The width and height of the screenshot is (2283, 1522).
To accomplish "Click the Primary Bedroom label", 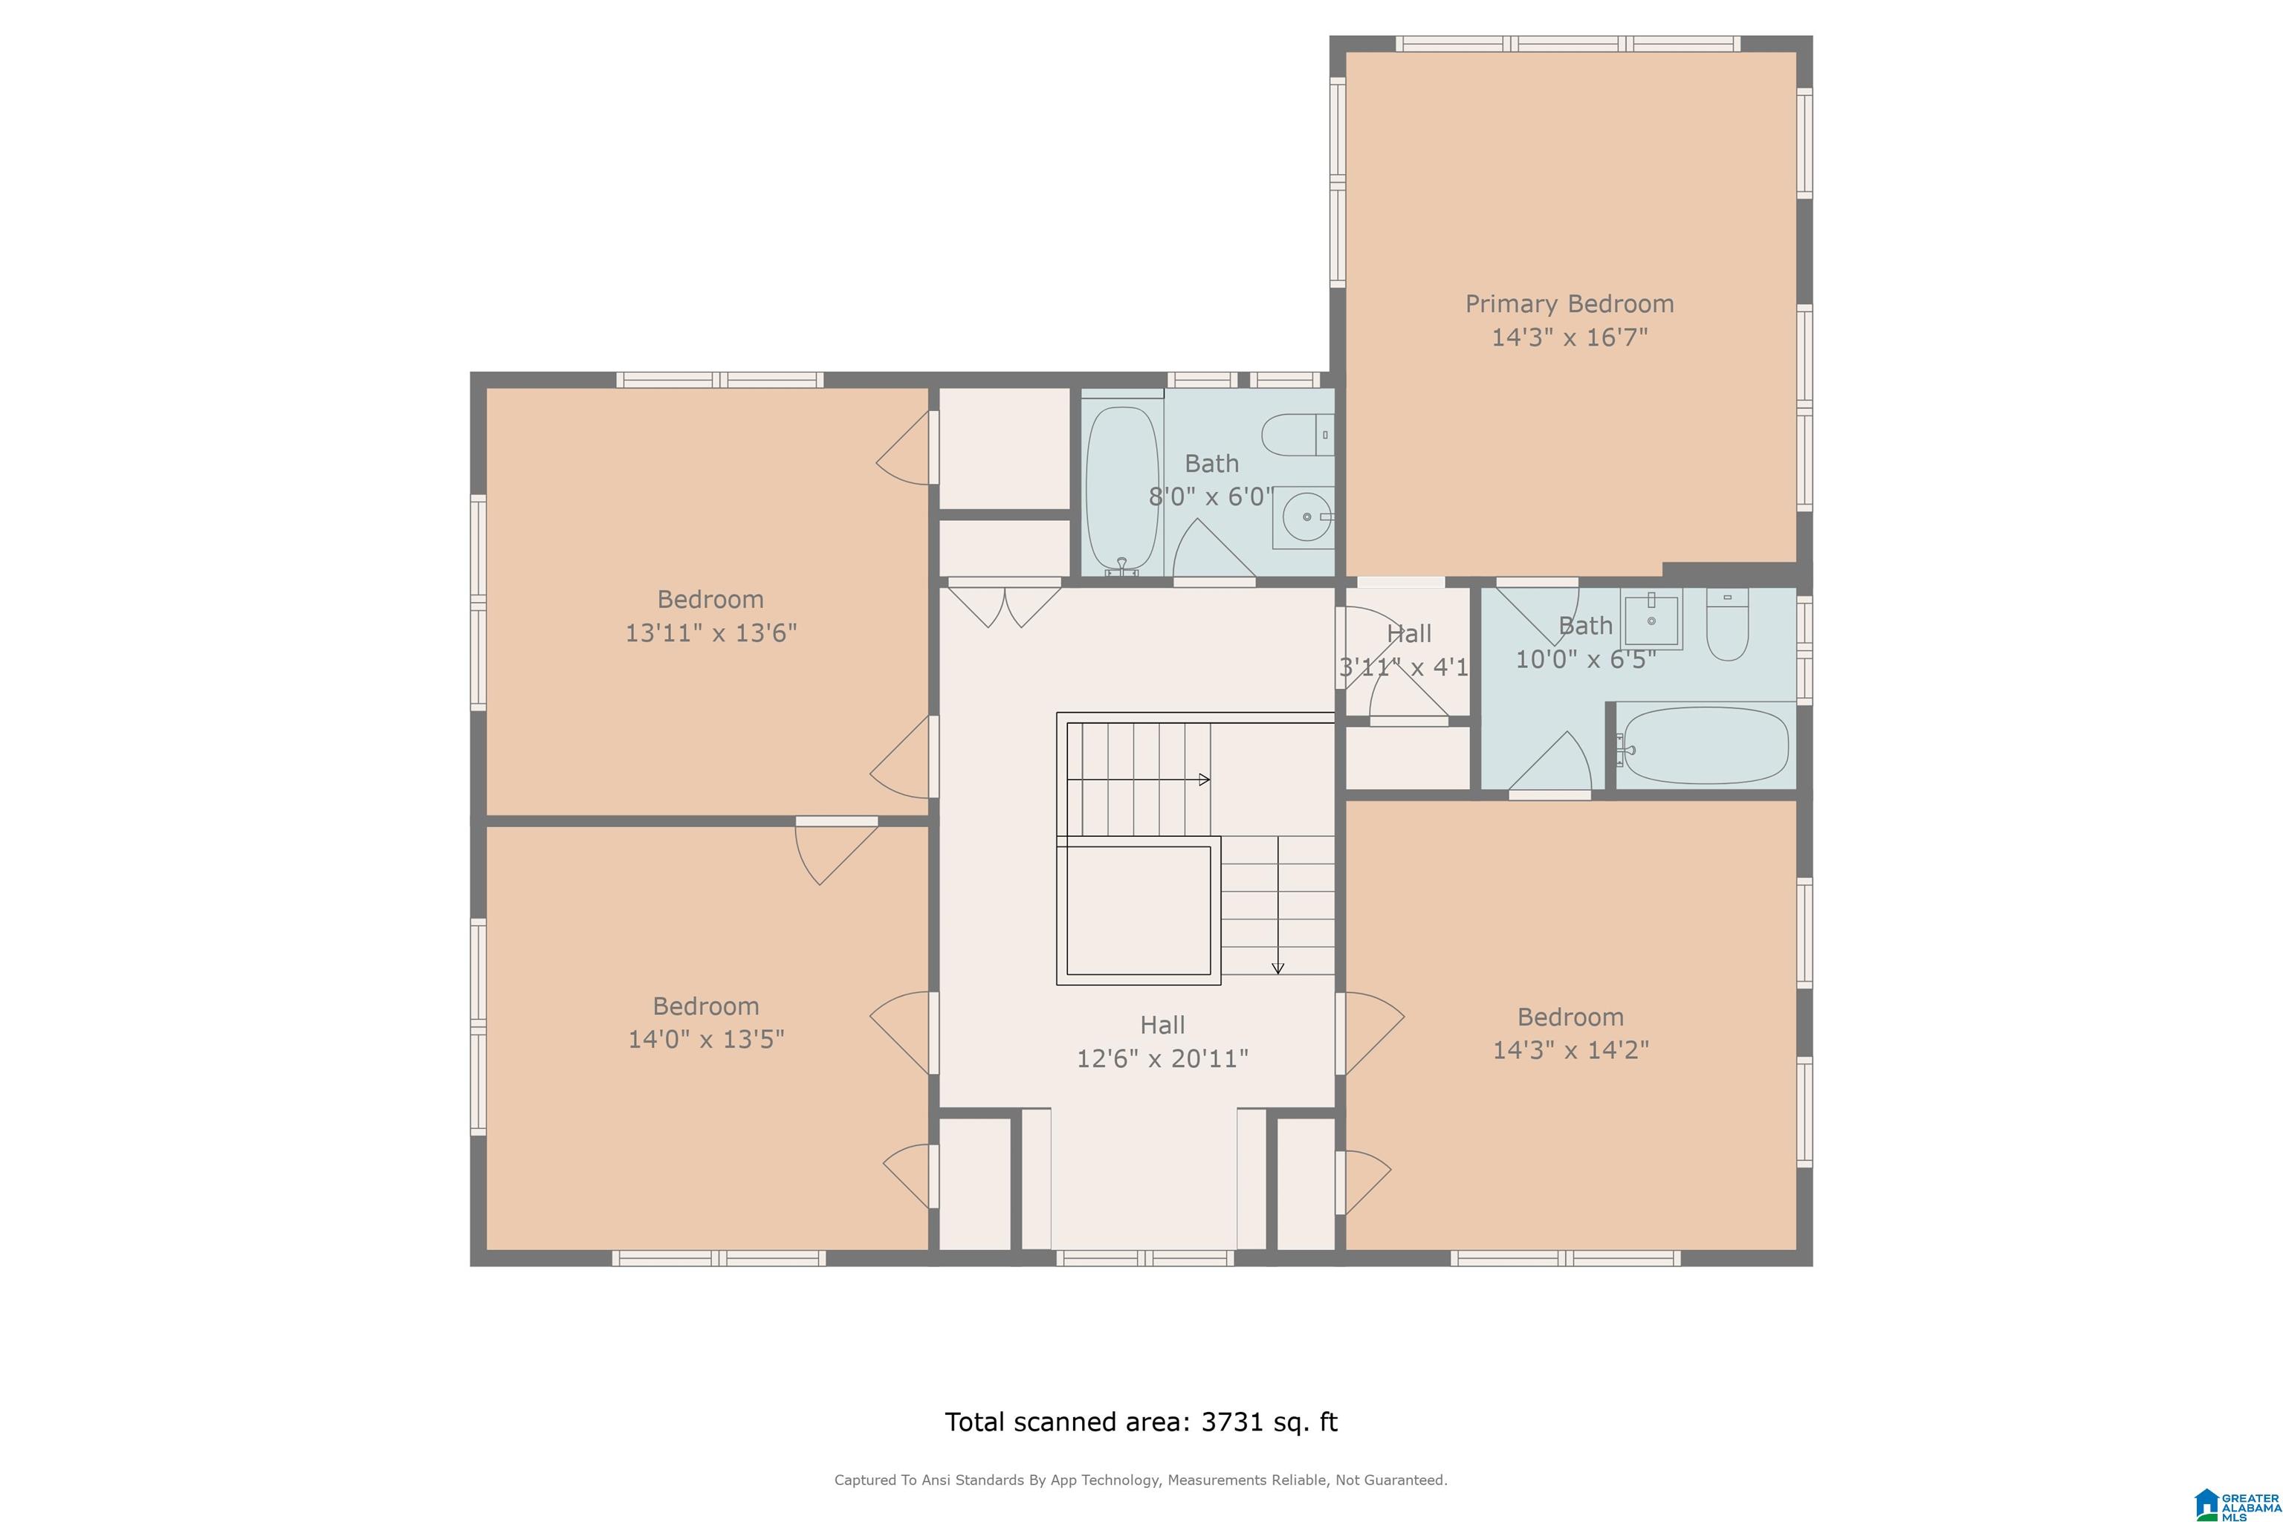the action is click(1570, 304).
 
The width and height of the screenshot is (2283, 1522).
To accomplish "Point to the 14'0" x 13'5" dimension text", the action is click(706, 1040).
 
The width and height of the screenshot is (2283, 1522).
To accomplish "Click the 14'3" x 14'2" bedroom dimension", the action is click(1570, 1050).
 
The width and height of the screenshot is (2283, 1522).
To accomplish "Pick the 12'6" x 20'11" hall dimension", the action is click(1162, 1058).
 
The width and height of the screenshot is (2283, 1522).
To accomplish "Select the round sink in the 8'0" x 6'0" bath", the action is click(1306, 517).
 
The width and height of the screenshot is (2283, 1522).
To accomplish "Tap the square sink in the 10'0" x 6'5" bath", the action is click(1651, 619).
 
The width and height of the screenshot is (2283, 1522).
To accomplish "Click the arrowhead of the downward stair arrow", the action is click(1278, 967).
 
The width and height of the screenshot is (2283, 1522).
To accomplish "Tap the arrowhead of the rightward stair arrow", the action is click(1205, 779).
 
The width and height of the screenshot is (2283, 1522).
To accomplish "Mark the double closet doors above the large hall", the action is click(1005, 603).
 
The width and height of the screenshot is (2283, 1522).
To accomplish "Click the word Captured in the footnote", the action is click(866, 1480).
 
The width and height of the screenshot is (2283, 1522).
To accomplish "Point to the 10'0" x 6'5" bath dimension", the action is click(1586, 660).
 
